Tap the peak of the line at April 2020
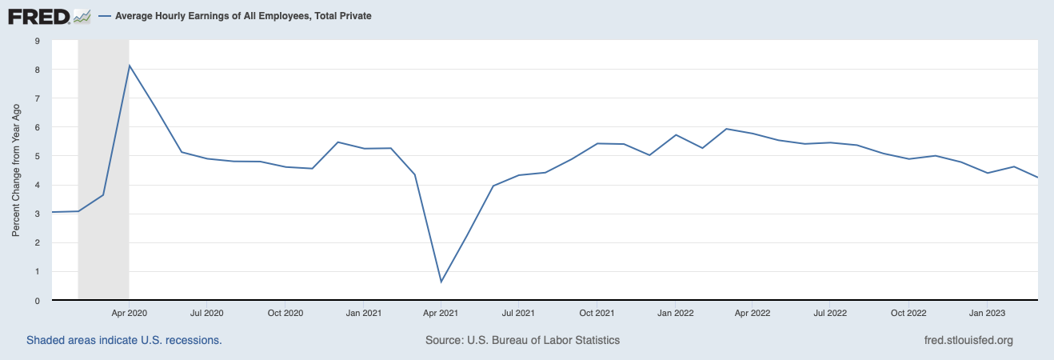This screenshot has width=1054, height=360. point(130,66)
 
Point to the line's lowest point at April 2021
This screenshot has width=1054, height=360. point(441,282)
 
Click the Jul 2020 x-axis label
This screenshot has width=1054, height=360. point(207,313)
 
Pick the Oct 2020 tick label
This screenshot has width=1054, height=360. point(285,313)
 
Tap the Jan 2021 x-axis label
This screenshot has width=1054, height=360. point(363,313)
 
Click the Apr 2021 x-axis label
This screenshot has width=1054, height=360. point(441,313)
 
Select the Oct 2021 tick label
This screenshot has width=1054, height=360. point(597,313)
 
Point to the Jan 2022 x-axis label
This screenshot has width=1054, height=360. point(675,313)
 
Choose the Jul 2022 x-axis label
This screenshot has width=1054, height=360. point(831,313)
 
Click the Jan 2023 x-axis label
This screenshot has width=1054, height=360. point(987,313)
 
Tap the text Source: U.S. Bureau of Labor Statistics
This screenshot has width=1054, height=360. point(522,340)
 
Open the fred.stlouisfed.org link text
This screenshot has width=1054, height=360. point(968,340)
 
